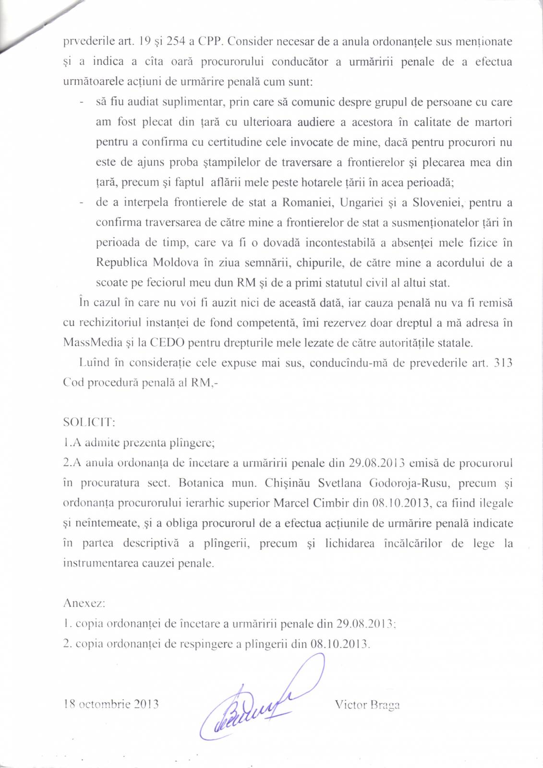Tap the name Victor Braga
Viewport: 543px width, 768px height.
point(367,705)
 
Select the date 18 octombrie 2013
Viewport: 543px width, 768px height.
point(111,704)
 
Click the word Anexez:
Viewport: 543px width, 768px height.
point(84,603)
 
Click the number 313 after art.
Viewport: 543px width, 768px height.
point(503,362)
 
